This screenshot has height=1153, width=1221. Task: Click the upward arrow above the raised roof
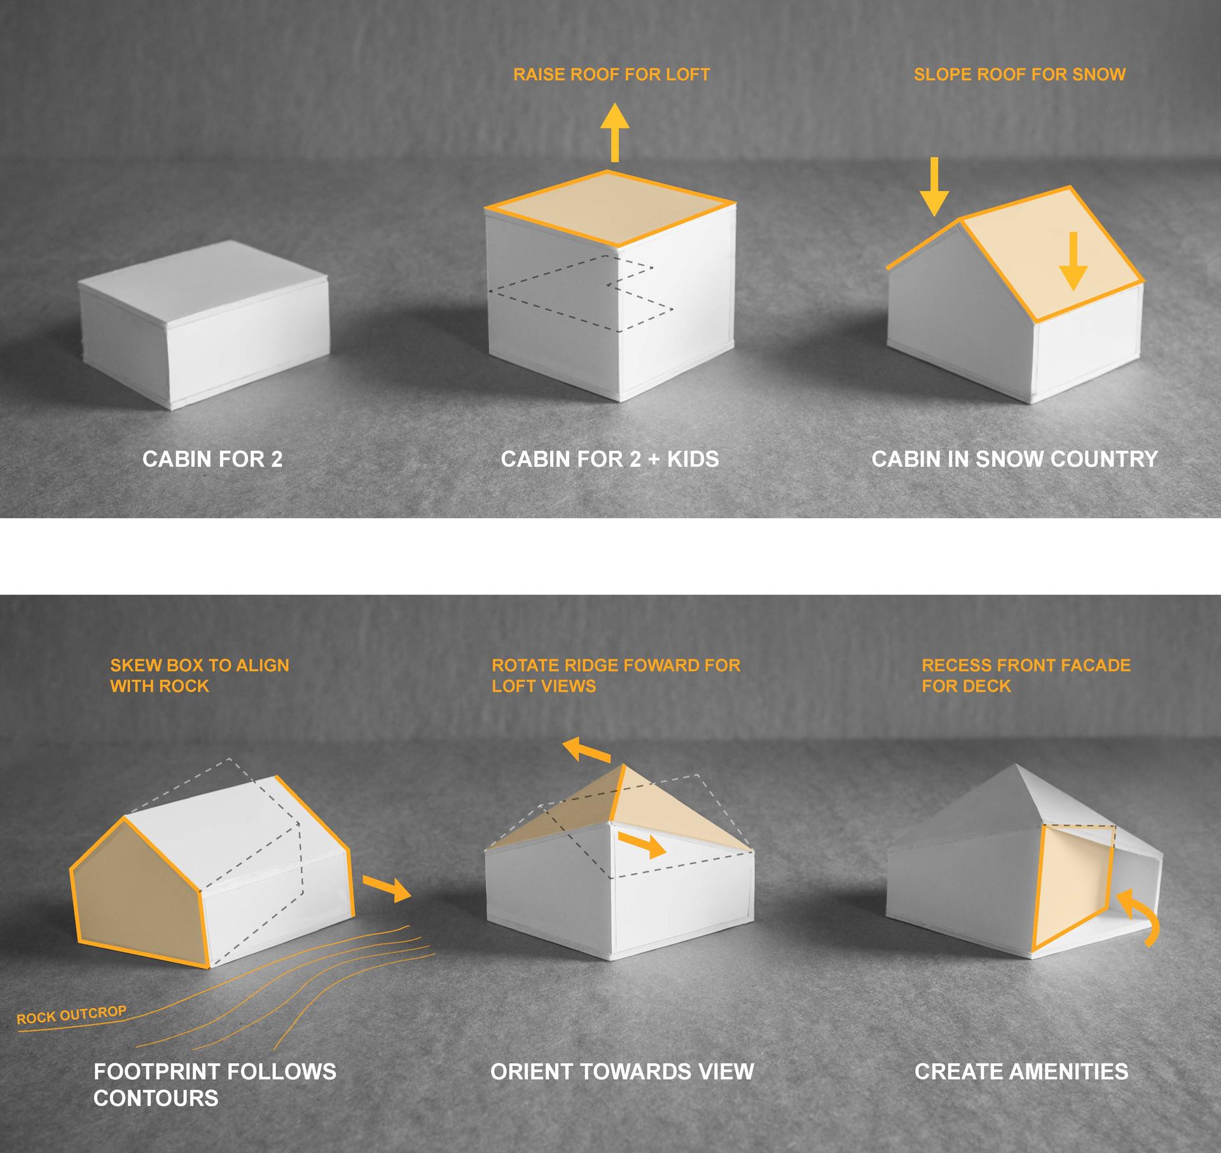point(614,133)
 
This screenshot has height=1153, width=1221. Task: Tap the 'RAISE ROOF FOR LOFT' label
point(611,74)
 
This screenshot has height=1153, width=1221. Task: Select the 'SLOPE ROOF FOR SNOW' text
point(1019,74)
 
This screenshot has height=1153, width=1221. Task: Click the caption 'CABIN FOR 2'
point(212,459)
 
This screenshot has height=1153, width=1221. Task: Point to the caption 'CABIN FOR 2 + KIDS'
point(610,459)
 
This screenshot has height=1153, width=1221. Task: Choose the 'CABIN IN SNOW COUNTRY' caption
point(1014,459)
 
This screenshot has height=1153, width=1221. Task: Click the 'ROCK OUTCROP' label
point(71,1015)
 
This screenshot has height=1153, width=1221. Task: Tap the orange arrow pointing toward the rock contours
point(387,888)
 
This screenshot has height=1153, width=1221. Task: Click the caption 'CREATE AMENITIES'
point(1021,1072)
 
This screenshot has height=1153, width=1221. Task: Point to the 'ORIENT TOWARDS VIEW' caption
point(622,1072)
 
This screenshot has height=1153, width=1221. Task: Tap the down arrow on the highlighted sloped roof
point(1073,261)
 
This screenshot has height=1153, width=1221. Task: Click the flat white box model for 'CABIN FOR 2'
point(203,324)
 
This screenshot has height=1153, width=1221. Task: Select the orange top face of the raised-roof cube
point(609,209)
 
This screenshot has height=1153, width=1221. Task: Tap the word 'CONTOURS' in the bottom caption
point(156,1098)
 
